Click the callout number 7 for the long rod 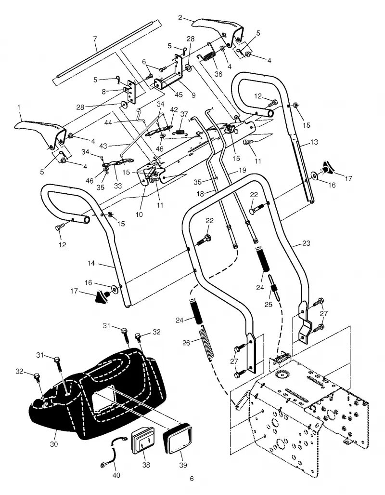coord(95,39)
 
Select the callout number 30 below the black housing coord(54,444)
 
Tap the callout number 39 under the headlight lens coord(183,465)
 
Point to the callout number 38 coord(146,465)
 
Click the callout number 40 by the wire coord(116,475)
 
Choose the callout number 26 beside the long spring coord(186,343)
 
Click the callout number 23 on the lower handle coord(306,243)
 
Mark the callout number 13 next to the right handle coord(314,142)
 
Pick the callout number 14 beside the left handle coord(91,263)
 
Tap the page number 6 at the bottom coord(192,479)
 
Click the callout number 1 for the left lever coord(19,107)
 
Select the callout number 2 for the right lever coord(180,17)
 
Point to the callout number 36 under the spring coord(218,74)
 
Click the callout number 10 coord(139,214)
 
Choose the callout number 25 coord(269,305)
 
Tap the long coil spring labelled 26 coord(206,342)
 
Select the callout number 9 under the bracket coord(193,94)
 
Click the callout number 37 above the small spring coord(184,114)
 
